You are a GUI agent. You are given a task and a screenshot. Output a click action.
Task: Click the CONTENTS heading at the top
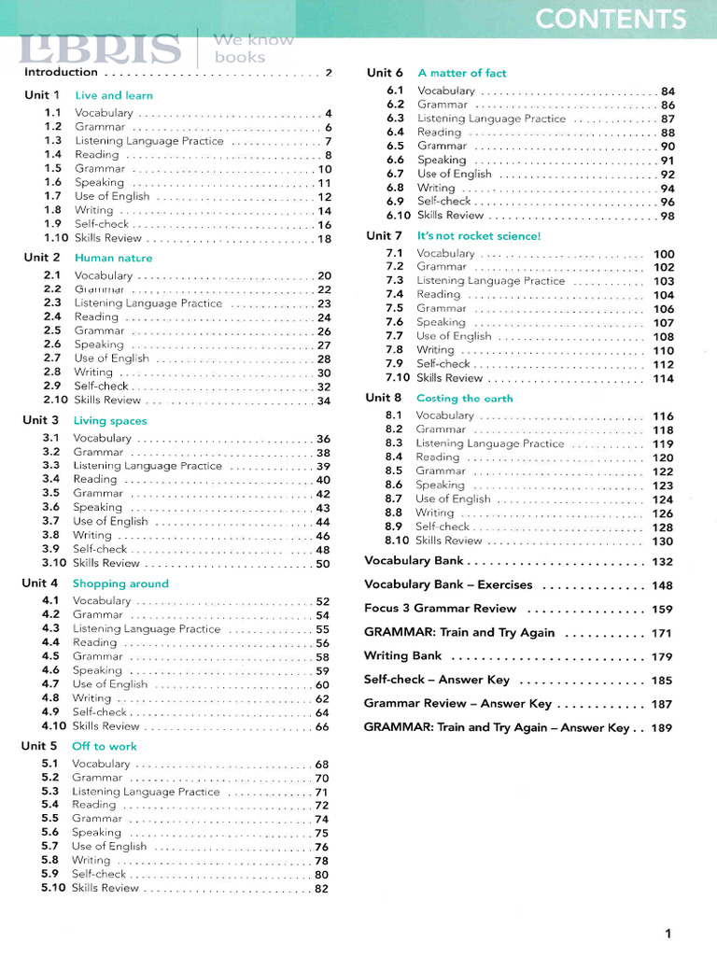pyautogui.click(x=611, y=19)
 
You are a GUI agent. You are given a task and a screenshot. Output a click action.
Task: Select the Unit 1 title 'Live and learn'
pyautogui.click(x=114, y=95)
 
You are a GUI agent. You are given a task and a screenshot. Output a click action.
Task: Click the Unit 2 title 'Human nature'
pyautogui.click(x=113, y=258)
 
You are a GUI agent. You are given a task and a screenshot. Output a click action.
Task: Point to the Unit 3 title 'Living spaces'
pyautogui.click(x=110, y=421)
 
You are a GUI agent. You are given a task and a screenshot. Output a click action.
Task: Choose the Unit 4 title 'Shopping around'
pyautogui.click(x=120, y=583)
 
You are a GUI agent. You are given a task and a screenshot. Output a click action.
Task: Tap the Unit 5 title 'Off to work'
pyautogui.click(x=104, y=746)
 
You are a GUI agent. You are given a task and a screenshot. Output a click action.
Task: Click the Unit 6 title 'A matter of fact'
pyautogui.click(x=462, y=73)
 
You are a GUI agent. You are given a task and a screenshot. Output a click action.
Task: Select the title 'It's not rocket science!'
pyautogui.click(x=479, y=236)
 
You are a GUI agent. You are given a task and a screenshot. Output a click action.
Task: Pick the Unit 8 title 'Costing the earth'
pyautogui.click(x=465, y=399)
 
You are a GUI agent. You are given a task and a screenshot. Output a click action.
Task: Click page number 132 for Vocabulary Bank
pyautogui.click(x=662, y=562)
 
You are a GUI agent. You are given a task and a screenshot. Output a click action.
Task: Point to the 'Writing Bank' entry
pyautogui.click(x=402, y=656)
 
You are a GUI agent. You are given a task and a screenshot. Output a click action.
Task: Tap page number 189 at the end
pyautogui.click(x=662, y=728)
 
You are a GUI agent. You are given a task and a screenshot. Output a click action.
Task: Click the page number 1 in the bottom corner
pyautogui.click(x=668, y=933)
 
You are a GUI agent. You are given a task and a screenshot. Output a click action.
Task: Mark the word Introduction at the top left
pyautogui.click(x=61, y=72)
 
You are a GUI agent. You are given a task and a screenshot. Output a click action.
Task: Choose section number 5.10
pyautogui.click(x=53, y=888)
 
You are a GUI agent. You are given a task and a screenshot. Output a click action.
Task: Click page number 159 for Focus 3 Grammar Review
pyautogui.click(x=662, y=609)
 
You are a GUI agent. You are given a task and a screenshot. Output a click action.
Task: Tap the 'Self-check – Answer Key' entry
pyautogui.click(x=437, y=681)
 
